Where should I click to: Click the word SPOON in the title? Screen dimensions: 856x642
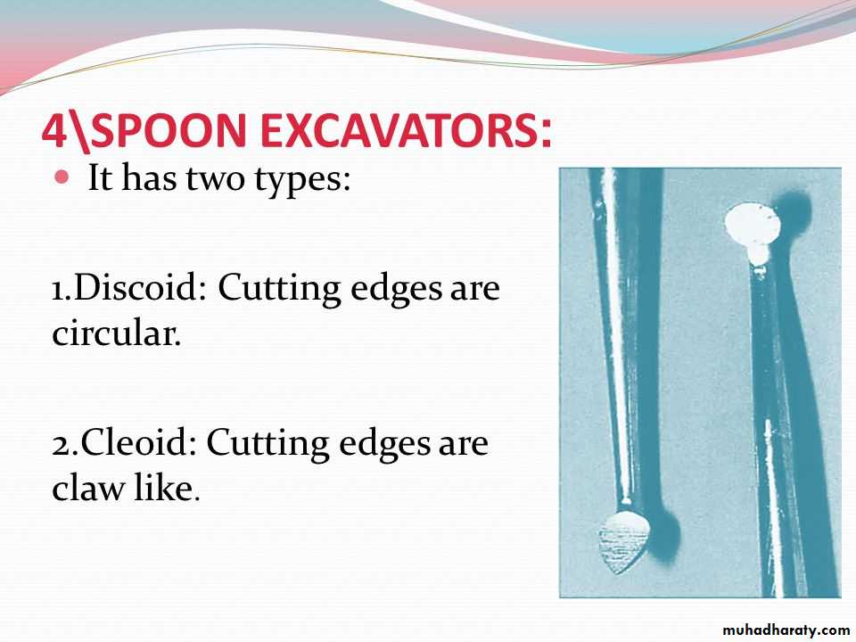click(x=168, y=130)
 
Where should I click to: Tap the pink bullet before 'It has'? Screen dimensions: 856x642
click(x=62, y=177)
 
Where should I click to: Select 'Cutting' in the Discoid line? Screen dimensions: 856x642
click(x=279, y=289)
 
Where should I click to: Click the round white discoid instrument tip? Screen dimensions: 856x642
click(x=751, y=225)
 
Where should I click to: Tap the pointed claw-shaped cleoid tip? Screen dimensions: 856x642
click(x=624, y=542)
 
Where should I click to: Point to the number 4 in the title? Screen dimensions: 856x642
click(x=55, y=130)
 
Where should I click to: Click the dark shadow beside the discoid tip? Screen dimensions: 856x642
click(x=793, y=210)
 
